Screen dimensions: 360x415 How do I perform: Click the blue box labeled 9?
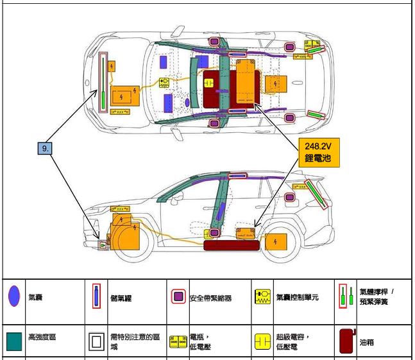(x=45, y=148)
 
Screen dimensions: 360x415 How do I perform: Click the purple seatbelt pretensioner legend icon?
(x=178, y=297)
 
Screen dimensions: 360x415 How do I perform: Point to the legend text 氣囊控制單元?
(x=298, y=297)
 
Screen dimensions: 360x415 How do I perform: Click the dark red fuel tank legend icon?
(x=346, y=341)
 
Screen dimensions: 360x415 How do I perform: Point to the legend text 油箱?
(x=367, y=343)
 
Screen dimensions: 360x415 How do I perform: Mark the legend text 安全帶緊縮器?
(x=210, y=298)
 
